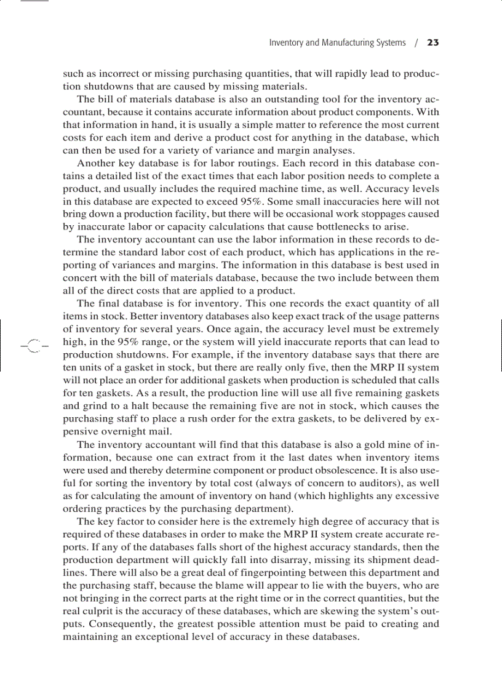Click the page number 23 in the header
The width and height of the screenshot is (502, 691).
[432, 43]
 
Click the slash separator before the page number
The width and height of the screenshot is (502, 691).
[416, 43]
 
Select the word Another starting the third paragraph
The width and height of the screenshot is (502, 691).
[96, 163]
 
